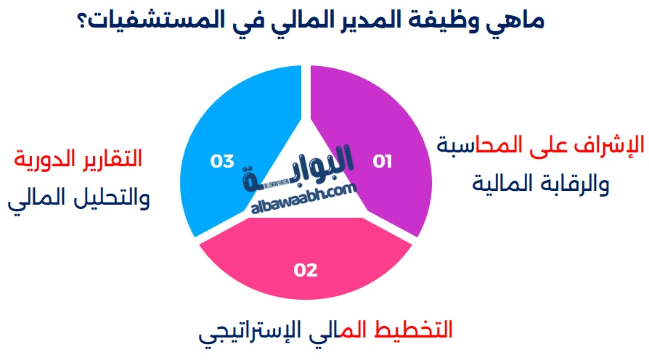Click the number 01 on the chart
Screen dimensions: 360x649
click(382, 161)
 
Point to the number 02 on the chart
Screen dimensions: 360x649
click(306, 270)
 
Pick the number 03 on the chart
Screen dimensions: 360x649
click(221, 161)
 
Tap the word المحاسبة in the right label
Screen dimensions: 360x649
click(479, 144)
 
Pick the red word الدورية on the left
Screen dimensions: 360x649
click(44, 158)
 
